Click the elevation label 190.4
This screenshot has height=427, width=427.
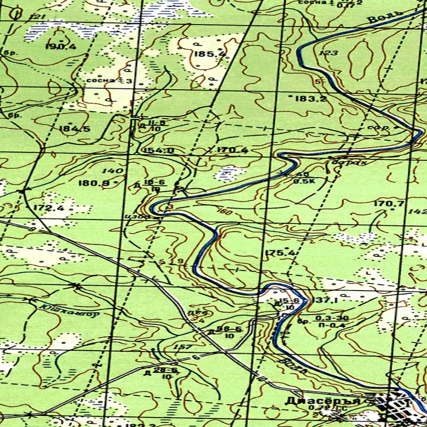(61, 47)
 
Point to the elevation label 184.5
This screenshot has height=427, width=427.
(75, 129)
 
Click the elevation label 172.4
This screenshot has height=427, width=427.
(49, 207)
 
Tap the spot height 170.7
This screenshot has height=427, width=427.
(389, 203)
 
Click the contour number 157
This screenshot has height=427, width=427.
(184, 347)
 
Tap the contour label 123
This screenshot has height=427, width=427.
(329, 53)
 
